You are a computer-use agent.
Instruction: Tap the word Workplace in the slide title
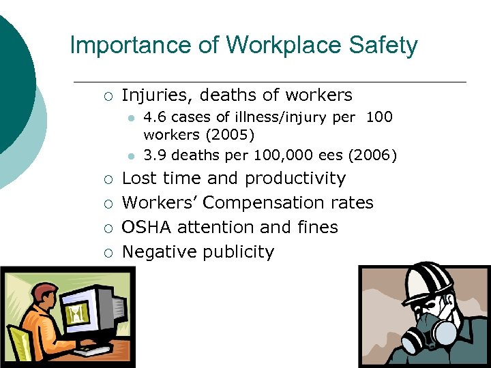point(273,46)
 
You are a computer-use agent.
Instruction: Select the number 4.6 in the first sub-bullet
point(155,117)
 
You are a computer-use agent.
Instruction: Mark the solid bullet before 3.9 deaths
point(130,155)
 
